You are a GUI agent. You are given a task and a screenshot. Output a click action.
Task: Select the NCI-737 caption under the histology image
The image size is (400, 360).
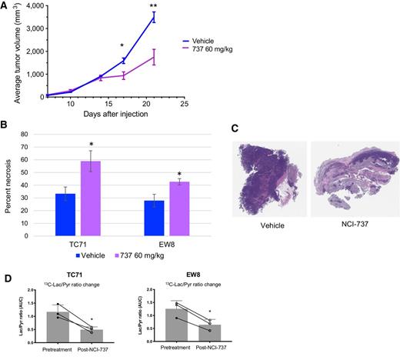click(x=353, y=245)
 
